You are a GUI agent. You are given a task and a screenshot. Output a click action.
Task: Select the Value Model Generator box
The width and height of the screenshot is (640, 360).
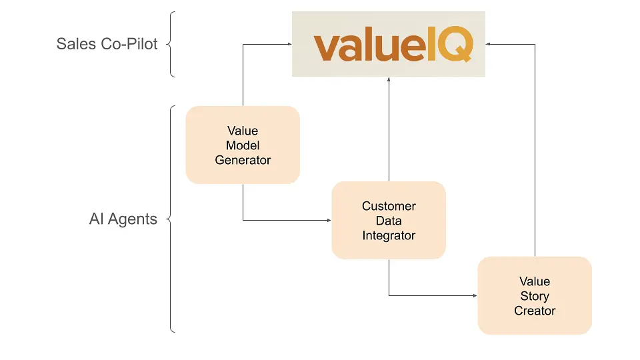243,145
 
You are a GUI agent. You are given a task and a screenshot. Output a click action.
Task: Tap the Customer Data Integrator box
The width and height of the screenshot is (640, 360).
389,220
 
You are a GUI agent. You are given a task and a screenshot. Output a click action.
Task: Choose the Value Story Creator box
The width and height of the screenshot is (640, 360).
535,295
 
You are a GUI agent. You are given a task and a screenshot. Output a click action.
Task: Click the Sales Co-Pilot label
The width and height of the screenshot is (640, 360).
107,44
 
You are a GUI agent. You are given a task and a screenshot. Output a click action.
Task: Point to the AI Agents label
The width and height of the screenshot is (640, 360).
123,219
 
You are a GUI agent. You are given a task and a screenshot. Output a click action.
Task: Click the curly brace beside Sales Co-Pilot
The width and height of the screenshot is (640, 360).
171,44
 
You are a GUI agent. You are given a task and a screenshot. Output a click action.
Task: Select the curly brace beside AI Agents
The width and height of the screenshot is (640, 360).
171,219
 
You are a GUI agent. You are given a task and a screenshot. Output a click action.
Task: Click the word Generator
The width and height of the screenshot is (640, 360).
243,160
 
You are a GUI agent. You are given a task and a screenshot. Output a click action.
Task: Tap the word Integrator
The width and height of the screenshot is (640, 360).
389,235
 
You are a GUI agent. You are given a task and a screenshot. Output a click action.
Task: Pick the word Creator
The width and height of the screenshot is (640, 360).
535,311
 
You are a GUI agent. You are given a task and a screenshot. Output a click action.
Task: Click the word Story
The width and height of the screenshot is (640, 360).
535,296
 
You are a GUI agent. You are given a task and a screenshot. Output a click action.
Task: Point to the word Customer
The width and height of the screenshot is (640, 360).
389,206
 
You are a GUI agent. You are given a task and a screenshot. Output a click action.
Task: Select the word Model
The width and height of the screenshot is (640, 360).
243,145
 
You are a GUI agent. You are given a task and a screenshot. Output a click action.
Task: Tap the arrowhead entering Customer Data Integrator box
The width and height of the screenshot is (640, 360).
329,220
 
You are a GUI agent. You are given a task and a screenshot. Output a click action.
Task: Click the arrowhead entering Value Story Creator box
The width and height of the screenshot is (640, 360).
475,295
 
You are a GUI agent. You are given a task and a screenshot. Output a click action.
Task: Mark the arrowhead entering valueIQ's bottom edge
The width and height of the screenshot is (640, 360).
389,80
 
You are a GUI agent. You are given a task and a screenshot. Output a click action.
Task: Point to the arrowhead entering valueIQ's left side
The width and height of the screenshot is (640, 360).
289,45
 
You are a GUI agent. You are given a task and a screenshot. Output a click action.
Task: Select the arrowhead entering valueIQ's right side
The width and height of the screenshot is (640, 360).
489,45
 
